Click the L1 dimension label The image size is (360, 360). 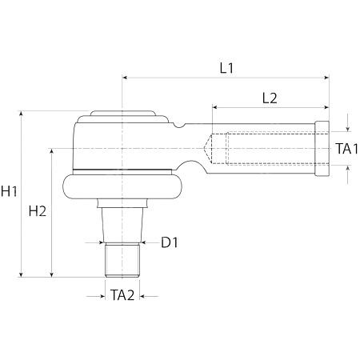coord(226,68)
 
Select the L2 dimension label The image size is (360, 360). coord(270,98)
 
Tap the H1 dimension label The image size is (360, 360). coord(9,191)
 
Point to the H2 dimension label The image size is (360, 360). coord(38,211)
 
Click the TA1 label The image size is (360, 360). coord(346,149)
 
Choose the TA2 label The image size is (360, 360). coord(122,295)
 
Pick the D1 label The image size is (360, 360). coord(170,242)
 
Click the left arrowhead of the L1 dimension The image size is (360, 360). coord(124,78)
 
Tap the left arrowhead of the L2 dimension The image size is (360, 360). coord(214,107)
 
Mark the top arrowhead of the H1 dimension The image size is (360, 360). coord(22,114)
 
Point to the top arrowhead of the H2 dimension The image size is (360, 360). coord(52,151)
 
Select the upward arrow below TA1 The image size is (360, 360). coord(347,174)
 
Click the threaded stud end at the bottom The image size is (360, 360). coord(122,260)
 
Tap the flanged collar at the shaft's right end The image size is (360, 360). coord(322,149)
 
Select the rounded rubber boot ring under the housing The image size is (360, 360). coord(122,186)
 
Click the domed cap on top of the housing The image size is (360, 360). coord(122,114)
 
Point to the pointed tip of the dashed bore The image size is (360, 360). coord(204,148)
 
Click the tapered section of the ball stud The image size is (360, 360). coord(122,224)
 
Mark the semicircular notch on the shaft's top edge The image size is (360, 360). coord(179,126)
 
